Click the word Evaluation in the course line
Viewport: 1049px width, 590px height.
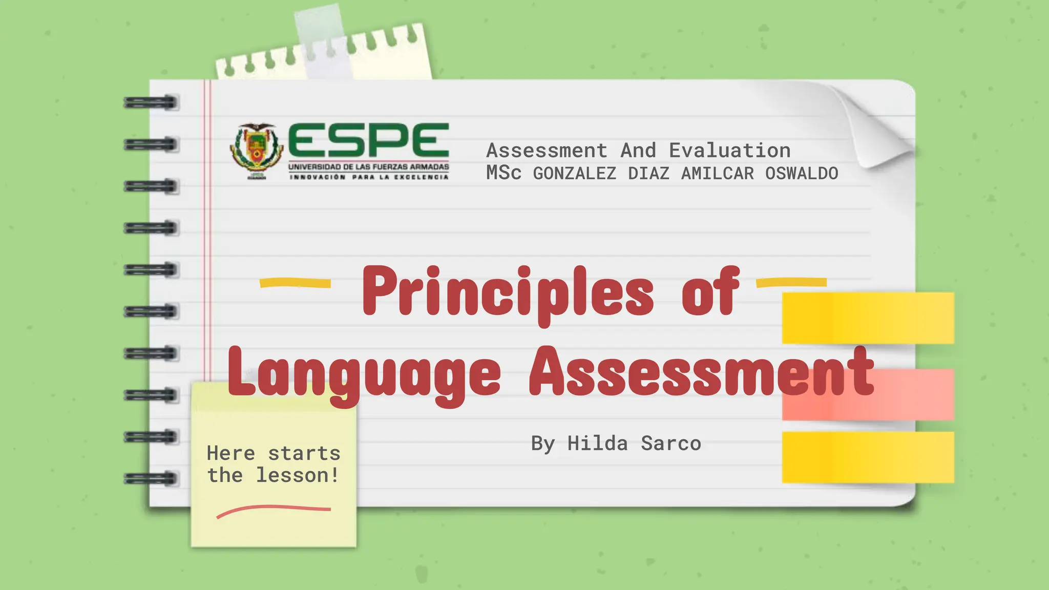click(x=729, y=151)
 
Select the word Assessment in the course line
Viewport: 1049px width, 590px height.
click(x=547, y=151)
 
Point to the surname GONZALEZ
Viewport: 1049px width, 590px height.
click(x=575, y=174)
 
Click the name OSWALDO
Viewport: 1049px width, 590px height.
click(x=802, y=174)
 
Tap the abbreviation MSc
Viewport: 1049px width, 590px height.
click(x=503, y=173)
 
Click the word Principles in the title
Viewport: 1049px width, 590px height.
click(x=508, y=292)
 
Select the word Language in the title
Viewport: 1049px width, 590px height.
click(x=364, y=374)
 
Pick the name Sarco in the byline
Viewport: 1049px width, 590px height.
click(x=671, y=444)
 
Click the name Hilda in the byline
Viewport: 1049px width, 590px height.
click(x=597, y=444)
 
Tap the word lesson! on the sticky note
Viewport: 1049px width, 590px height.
click(x=298, y=475)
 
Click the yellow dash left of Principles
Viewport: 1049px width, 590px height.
click(x=296, y=283)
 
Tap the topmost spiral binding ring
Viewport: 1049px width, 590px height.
click(x=152, y=102)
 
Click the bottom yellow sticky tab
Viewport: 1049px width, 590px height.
click(x=868, y=457)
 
